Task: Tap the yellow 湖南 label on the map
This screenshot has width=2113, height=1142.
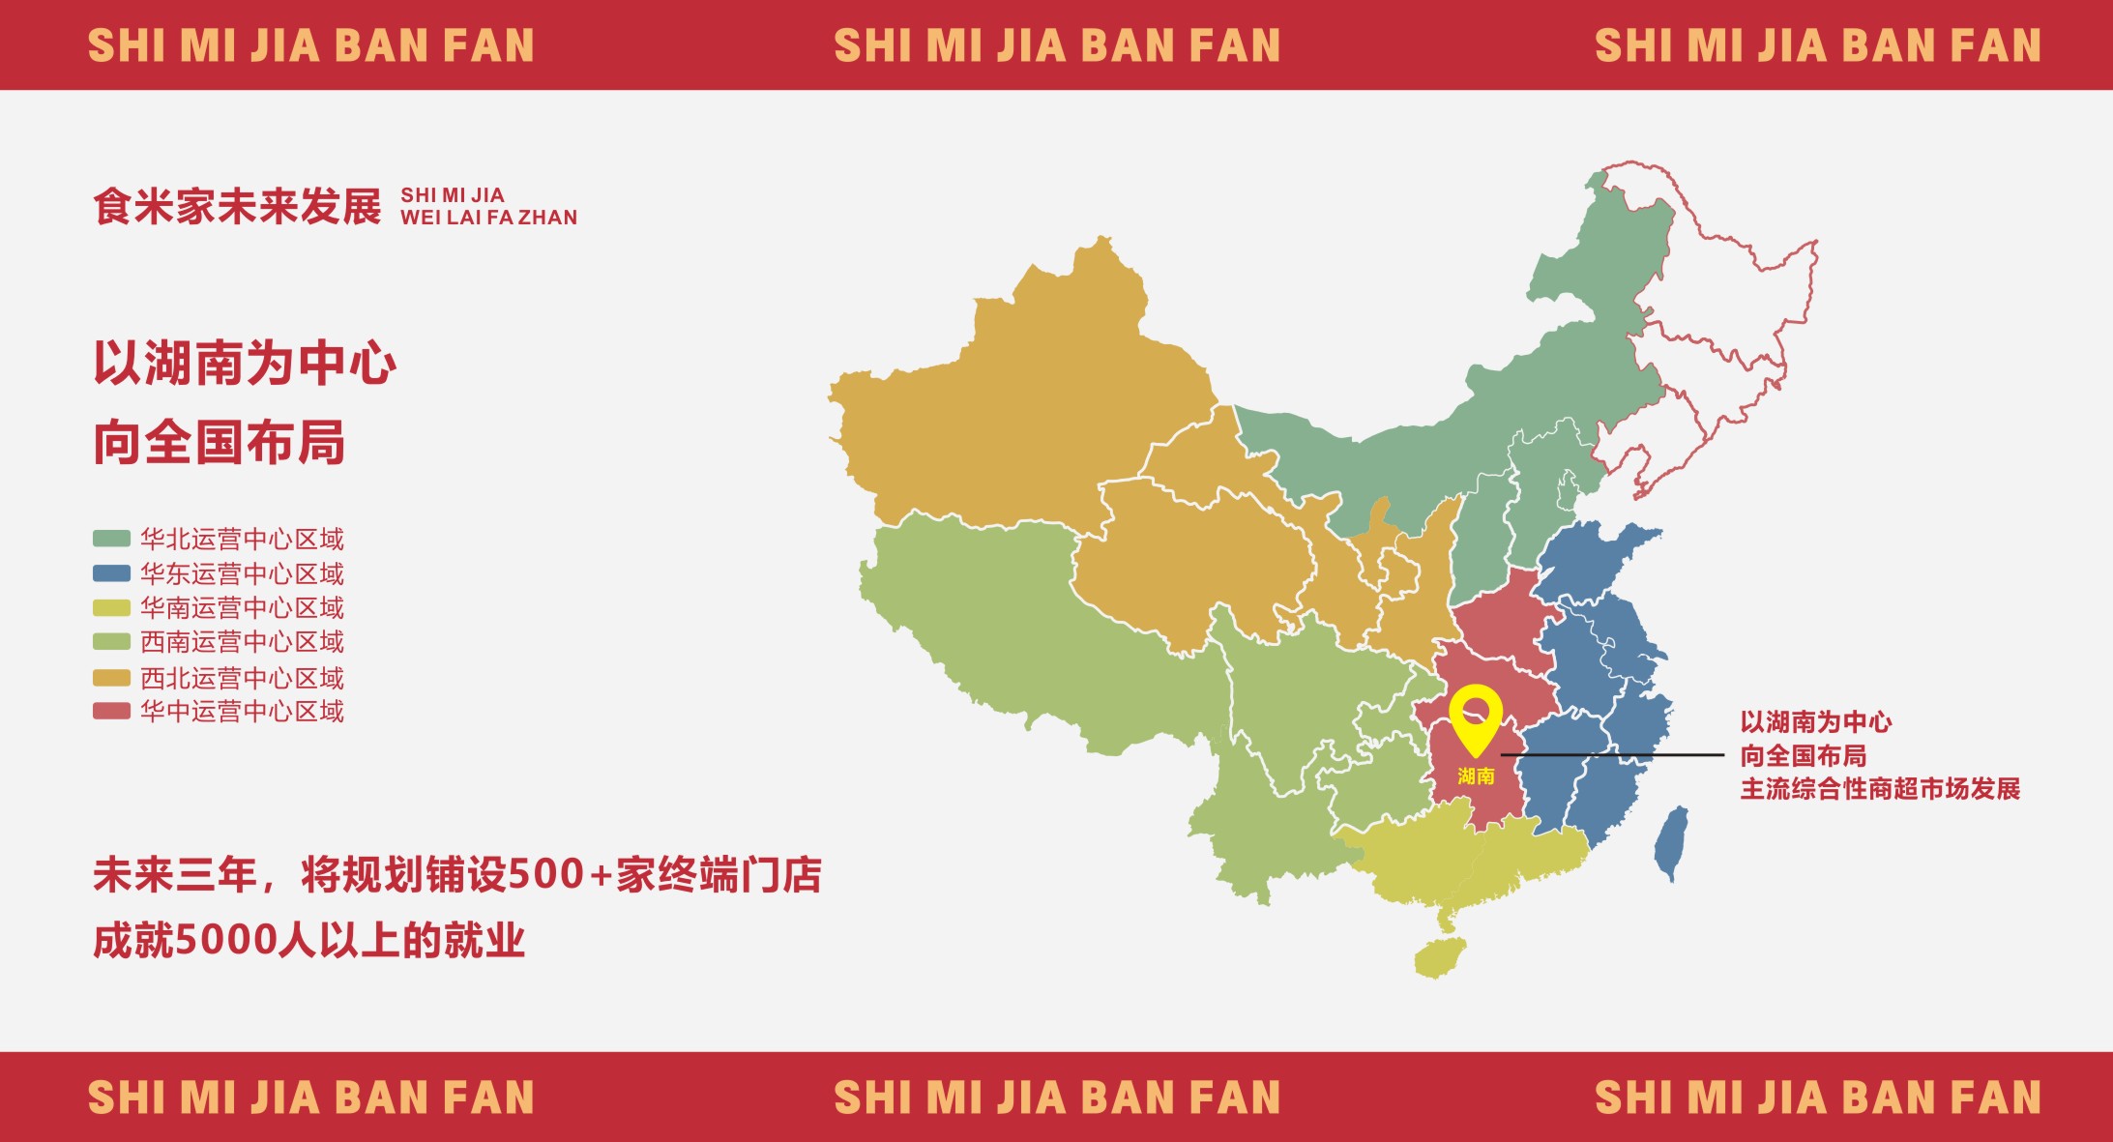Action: click(1476, 776)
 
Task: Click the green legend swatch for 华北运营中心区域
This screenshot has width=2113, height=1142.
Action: click(111, 539)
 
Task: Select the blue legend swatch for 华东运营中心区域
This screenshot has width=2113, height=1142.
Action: click(111, 573)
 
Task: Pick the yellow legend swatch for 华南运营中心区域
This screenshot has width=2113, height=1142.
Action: click(111, 608)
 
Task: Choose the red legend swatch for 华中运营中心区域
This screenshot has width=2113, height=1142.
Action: click(111, 712)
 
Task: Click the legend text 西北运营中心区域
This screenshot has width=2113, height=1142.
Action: click(242, 678)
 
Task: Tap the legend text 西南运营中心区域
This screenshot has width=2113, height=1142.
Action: click(242, 642)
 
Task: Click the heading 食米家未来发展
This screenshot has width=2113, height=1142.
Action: click(237, 207)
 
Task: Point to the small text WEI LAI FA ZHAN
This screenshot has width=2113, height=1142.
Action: click(488, 218)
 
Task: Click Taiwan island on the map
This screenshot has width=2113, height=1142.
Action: click(1671, 841)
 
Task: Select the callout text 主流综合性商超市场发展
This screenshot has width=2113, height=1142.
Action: click(1880, 789)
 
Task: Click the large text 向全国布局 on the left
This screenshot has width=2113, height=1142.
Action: click(220, 443)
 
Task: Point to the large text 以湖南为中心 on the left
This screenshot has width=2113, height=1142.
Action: click(245, 364)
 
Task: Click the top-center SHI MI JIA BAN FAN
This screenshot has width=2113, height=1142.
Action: click(1057, 45)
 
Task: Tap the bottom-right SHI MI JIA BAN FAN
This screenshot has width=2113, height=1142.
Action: click(1817, 1098)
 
